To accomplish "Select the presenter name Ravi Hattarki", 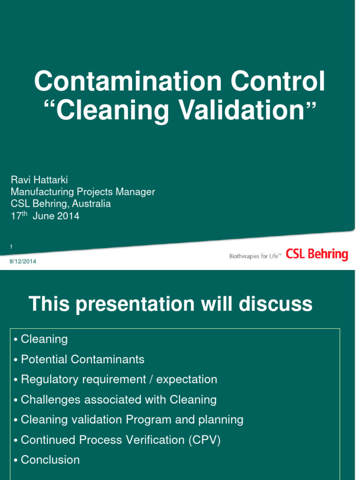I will point(39,180).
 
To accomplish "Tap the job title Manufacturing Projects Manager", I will point(82,192).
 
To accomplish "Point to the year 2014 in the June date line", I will point(69,216).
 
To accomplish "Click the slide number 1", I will point(11,247).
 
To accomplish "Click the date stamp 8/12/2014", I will point(23,261).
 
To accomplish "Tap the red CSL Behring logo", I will point(317,255).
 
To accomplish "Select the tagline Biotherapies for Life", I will point(255,256).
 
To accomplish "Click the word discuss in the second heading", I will point(276,304).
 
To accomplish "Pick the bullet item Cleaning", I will point(44,339).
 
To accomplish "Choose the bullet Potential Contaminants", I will point(82,360).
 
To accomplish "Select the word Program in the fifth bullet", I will point(150,420).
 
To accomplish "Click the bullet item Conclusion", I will point(50,460).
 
